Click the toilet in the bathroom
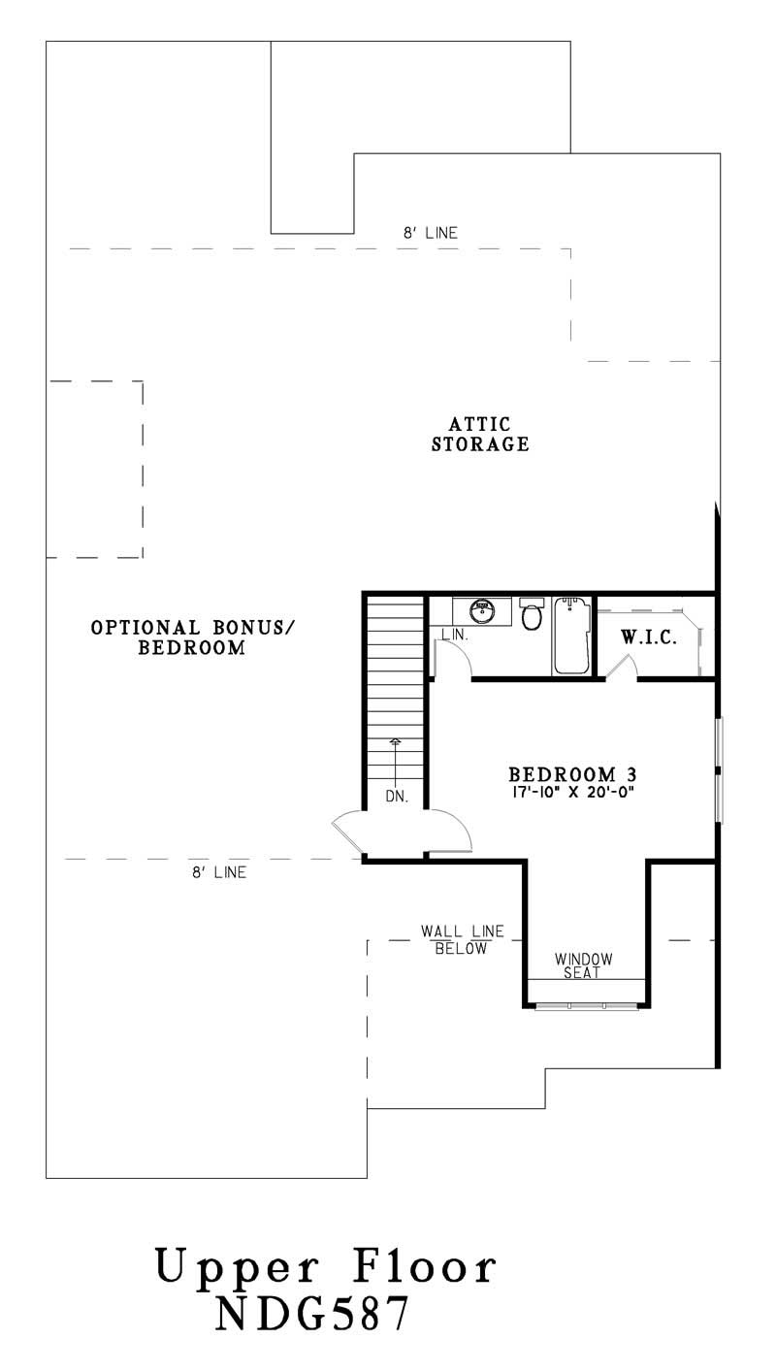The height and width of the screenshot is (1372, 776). point(531,614)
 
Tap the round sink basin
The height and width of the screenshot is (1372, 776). point(482,611)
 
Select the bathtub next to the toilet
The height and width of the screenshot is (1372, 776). point(571,635)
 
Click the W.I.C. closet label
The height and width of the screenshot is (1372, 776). point(648,639)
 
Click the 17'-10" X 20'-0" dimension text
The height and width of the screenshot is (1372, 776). point(572,791)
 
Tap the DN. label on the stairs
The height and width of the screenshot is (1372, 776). point(396,796)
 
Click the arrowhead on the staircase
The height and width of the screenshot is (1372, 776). point(395,742)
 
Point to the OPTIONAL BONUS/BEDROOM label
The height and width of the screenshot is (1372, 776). point(192,637)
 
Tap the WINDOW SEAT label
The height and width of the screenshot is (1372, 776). point(584,965)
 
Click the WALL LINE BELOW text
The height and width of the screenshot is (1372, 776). point(462,939)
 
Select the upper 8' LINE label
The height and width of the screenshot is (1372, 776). point(431,233)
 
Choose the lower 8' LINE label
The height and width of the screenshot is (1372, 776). point(218,872)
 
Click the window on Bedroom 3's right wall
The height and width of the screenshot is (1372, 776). point(719,770)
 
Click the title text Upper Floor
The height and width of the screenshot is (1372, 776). point(326,1268)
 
